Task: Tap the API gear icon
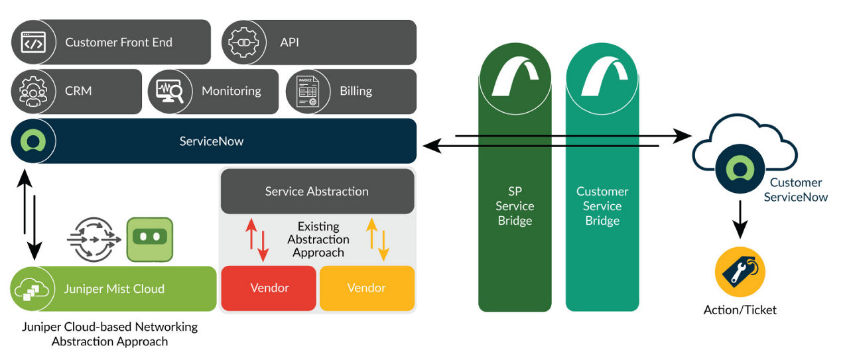click(242, 42)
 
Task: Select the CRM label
click(78, 91)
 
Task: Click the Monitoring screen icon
click(168, 91)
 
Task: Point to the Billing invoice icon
click(306, 91)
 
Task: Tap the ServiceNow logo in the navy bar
click(32, 141)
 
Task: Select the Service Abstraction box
click(317, 191)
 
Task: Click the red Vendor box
click(269, 288)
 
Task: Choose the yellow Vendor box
click(367, 288)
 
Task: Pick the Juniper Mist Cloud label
click(113, 289)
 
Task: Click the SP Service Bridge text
click(515, 206)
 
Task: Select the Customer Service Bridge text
click(602, 206)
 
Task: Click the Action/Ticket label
click(740, 310)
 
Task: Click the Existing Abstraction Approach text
click(318, 239)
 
